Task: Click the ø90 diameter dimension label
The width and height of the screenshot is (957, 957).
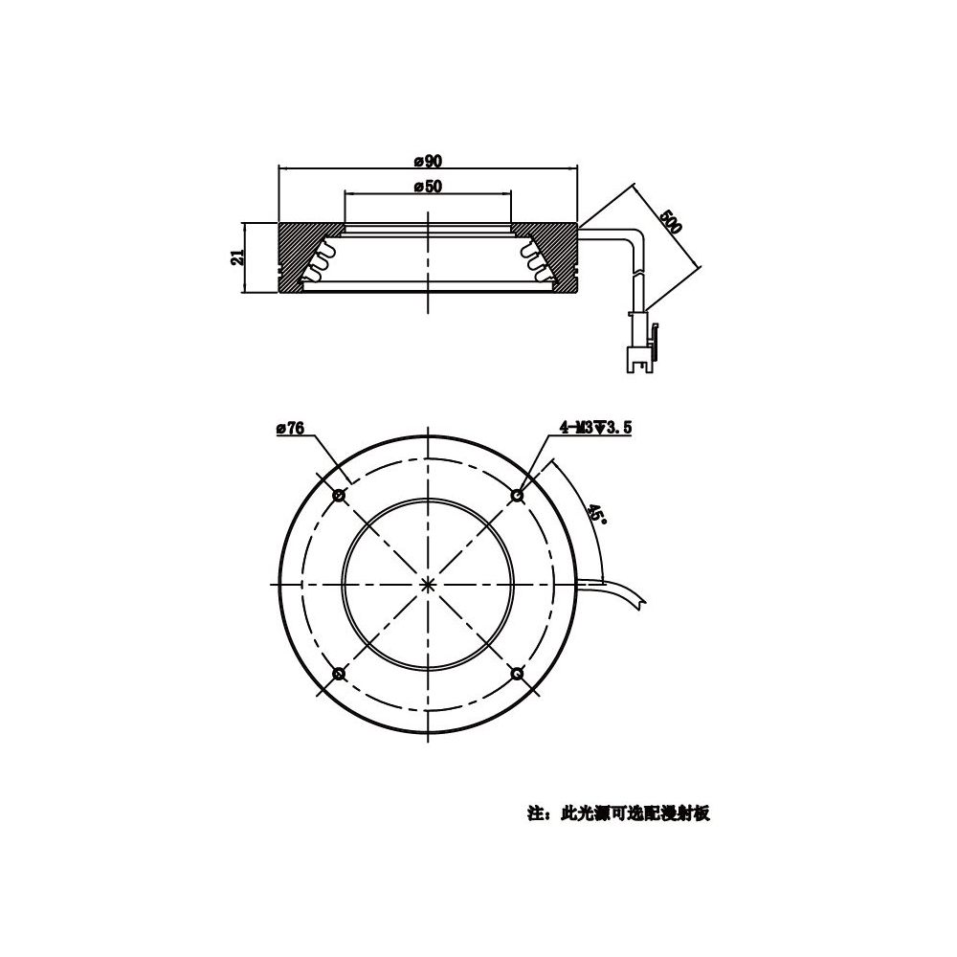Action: point(428,161)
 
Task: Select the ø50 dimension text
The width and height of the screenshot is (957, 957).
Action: point(428,187)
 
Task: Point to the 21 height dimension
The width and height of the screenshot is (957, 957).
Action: point(237,256)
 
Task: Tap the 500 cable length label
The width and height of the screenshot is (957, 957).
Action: point(670,222)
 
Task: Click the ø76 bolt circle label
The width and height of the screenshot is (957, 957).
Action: point(290,428)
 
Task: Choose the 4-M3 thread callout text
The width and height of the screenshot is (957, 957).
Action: point(595,428)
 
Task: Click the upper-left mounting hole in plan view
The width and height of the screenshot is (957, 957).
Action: point(340,496)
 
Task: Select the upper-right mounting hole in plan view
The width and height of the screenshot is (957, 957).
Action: point(517,496)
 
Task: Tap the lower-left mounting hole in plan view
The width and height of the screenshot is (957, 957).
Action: point(340,673)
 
